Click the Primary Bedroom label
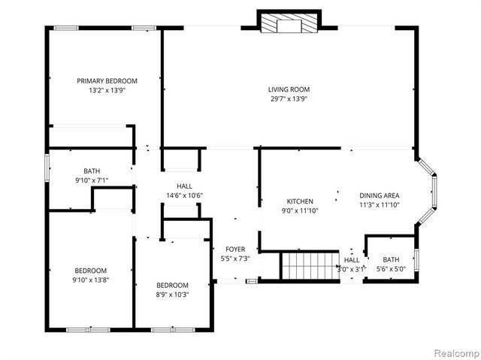pyautogui.click(x=107, y=80)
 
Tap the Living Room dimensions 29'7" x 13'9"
pyautogui.click(x=289, y=98)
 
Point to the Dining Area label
pyautogui.click(x=379, y=194)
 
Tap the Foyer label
pyautogui.click(x=235, y=250)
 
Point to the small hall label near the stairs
pyautogui.click(x=352, y=264)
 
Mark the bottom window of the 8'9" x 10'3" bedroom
pyautogui.click(x=163, y=329)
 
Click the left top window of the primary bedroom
pyautogui.click(x=66, y=29)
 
